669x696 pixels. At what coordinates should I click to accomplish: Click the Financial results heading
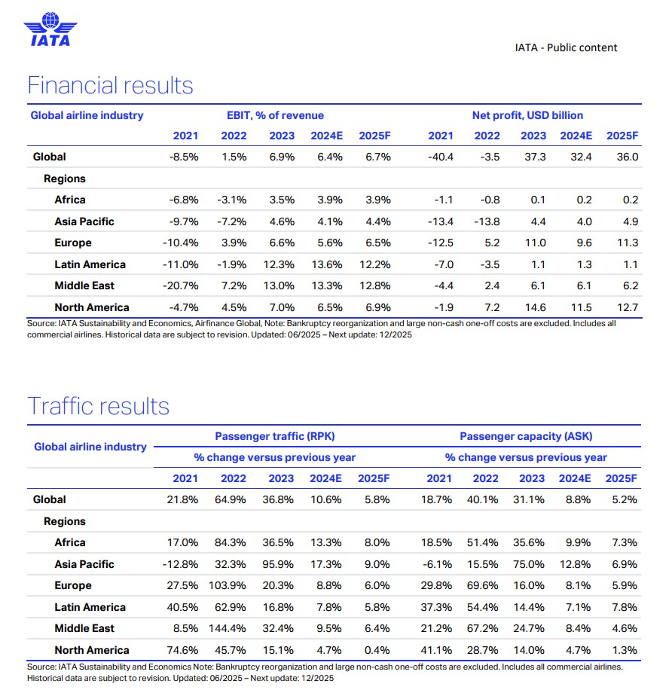(x=110, y=85)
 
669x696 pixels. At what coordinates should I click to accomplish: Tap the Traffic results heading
(x=98, y=406)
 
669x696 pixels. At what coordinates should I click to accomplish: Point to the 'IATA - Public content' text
(x=566, y=47)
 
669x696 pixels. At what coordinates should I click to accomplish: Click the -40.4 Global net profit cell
(x=440, y=157)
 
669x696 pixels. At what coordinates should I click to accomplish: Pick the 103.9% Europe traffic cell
(x=232, y=585)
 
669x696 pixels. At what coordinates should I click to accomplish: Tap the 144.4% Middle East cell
(x=232, y=628)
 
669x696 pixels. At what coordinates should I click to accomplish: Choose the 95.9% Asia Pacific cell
(x=280, y=564)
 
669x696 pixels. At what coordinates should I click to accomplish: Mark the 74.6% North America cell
(x=185, y=650)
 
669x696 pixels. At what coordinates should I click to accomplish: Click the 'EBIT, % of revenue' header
(x=275, y=115)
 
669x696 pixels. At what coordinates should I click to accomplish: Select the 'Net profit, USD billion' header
(x=527, y=115)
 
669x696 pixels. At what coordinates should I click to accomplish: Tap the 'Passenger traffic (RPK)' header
(x=274, y=436)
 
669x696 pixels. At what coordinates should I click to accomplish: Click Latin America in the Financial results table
(x=90, y=264)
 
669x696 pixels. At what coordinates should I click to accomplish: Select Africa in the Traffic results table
(x=70, y=542)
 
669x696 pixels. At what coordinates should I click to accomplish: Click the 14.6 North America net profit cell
(x=533, y=307)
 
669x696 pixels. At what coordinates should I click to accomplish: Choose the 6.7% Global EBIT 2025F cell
(x=376, y=157)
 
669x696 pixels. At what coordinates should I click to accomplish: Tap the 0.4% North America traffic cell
(x=377, y=650)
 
